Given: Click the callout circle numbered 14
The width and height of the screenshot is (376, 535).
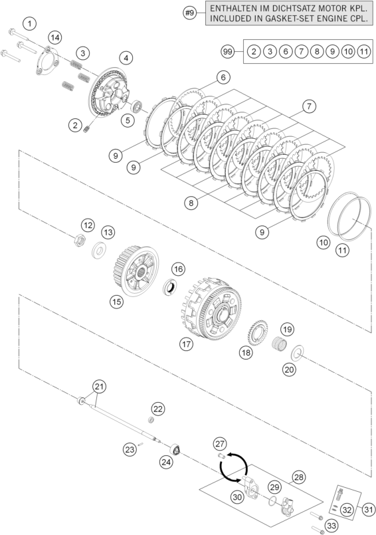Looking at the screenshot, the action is coord(55,37).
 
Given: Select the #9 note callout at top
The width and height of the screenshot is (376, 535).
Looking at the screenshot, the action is coord(190,13).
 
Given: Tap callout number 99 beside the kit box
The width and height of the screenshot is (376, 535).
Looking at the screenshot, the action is coord(228,52).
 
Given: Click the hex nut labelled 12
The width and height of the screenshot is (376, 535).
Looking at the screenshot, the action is coord(78,240).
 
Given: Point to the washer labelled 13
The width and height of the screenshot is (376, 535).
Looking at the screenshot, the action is coord(99,250).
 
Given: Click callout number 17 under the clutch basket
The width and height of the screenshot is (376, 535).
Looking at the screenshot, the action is coord(187,344).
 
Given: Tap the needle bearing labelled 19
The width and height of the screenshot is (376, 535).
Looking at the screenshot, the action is coord(279,343).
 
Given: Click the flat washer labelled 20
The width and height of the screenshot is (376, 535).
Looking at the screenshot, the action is coord(297,354).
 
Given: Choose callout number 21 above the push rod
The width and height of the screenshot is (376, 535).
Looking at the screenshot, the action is coord(99,387).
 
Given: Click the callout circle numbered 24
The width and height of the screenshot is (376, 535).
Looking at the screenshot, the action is coord(166,463).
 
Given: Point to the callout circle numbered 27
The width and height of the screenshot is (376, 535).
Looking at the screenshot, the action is coord(221,444).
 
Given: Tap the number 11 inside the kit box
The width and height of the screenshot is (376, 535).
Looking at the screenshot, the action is coord(364,52).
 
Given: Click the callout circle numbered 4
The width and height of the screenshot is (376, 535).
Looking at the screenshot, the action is coord(126,58).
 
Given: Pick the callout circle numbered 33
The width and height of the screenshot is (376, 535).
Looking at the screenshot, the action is coord(331,526).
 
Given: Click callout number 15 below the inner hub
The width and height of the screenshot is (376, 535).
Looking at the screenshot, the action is coord(117,302).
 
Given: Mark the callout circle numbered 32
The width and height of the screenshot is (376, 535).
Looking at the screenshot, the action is coord(347,510).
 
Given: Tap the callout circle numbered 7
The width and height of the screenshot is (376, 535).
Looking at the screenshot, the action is coord(309,106).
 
